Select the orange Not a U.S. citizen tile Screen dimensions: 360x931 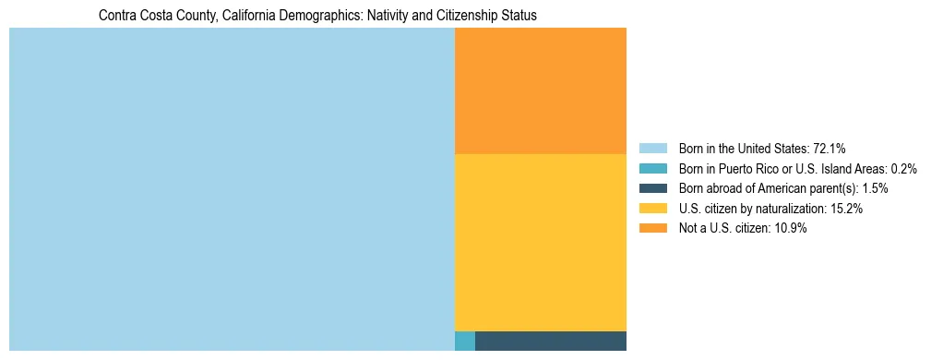coord(541,90)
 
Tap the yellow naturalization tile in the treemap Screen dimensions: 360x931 coord(541,242)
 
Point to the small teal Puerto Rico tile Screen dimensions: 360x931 coord(465,341)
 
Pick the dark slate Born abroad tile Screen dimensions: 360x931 coord(551,341)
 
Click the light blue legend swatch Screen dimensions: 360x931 coord(652,149)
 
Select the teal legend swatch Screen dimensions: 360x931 coord(652,169)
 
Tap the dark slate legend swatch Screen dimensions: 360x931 coord(652,188)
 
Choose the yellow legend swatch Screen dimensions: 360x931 coord(652,209)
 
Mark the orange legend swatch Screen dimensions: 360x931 coord(652,229)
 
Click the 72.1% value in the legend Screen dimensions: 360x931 coord(830,149)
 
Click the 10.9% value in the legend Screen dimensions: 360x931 coord(791,229)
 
